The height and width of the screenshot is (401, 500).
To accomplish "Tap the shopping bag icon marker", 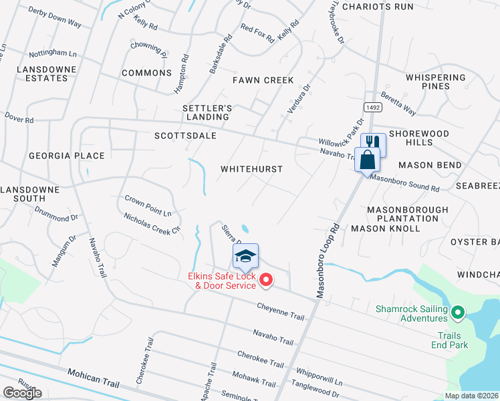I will [367, 160].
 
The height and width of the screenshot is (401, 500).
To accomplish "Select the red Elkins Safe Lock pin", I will [265, 280].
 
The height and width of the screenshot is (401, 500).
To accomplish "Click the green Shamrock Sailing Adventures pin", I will [458, 311].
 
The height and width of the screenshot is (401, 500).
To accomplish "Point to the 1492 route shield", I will [372, 107].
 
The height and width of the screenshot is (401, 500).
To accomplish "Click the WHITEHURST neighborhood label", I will [252, 170].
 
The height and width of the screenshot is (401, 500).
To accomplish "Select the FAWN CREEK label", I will [263, 80].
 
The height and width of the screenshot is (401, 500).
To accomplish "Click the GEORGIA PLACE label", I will [66, 156].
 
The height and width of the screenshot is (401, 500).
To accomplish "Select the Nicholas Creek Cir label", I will [152, 223].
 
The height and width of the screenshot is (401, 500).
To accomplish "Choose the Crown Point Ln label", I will [148, 206].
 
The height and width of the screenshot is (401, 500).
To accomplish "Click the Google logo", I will [22, 393].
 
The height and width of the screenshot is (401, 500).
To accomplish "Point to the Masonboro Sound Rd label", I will [404, 183].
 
